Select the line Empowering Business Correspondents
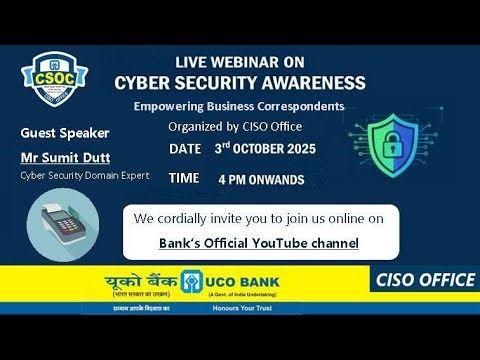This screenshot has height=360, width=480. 239,106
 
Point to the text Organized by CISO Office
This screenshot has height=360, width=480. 235,126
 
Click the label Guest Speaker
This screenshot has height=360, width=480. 65,133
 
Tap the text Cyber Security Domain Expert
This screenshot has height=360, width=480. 84,175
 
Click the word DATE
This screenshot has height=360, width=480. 185,149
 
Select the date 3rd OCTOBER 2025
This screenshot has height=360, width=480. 265,149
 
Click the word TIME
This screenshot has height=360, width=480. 184,177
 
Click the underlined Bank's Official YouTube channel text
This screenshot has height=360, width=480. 259,243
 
